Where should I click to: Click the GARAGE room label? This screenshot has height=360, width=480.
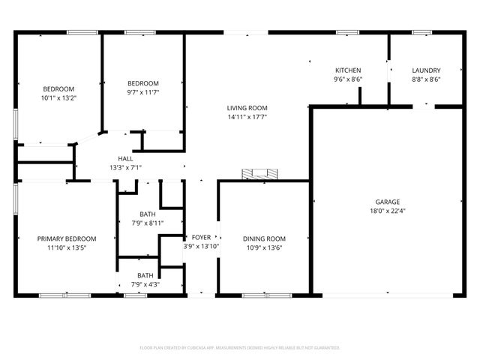388,202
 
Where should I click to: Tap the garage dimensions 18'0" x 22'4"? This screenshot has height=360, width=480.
388,211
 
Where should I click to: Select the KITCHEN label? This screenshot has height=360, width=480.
348,70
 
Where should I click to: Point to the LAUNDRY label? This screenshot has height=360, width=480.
426,70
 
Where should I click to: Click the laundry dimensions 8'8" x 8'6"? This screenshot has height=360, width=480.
426,79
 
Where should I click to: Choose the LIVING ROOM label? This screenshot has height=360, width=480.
247,108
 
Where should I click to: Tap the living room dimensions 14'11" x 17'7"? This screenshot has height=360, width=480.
247,117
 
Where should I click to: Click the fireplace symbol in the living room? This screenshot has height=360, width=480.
257,174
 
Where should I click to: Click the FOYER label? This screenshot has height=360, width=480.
201,237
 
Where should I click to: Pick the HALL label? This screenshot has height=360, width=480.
125,158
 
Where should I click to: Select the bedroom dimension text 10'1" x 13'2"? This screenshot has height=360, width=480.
58,97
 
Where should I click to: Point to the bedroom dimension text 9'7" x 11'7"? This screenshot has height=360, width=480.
142,91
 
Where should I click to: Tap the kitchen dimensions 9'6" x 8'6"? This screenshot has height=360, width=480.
348,79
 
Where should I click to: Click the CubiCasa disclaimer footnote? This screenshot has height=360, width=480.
240,347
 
